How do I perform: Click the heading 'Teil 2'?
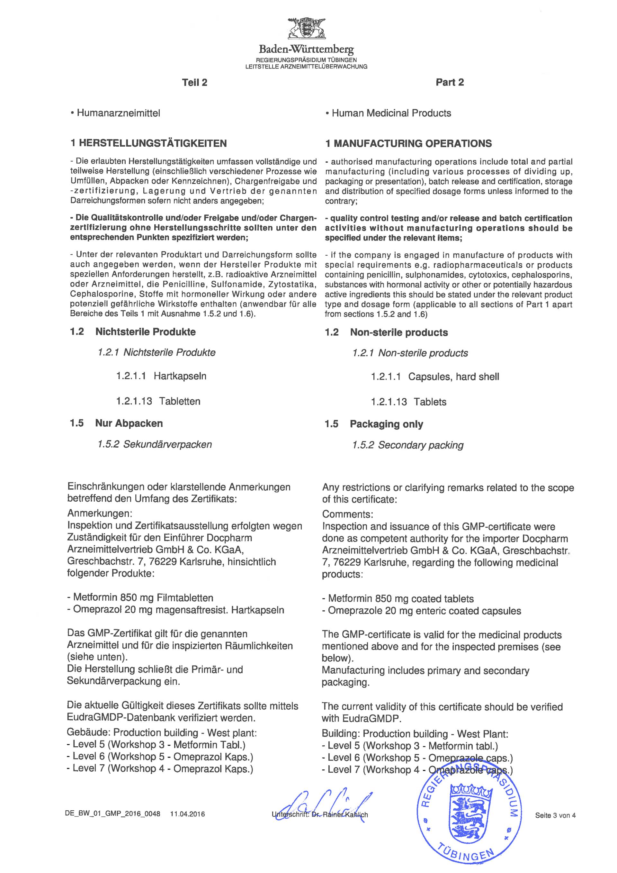tap(194, 83)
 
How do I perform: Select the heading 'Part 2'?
tap(450, 83)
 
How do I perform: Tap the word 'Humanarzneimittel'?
tap(118, 113)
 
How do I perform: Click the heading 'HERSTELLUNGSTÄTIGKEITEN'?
tap(153, 143)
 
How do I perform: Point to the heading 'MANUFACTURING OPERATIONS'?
tap(413, 143)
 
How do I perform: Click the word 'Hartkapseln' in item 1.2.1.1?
tap(180, 377)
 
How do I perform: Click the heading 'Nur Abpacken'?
tap(129, 423)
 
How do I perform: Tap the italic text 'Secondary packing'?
tap(421, 445)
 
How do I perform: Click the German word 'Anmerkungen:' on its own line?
tap(100, 514)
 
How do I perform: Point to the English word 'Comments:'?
tap(347, 514)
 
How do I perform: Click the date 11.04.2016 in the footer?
tap(187, 814)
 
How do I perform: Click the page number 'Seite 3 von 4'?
tap(555, 815)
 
